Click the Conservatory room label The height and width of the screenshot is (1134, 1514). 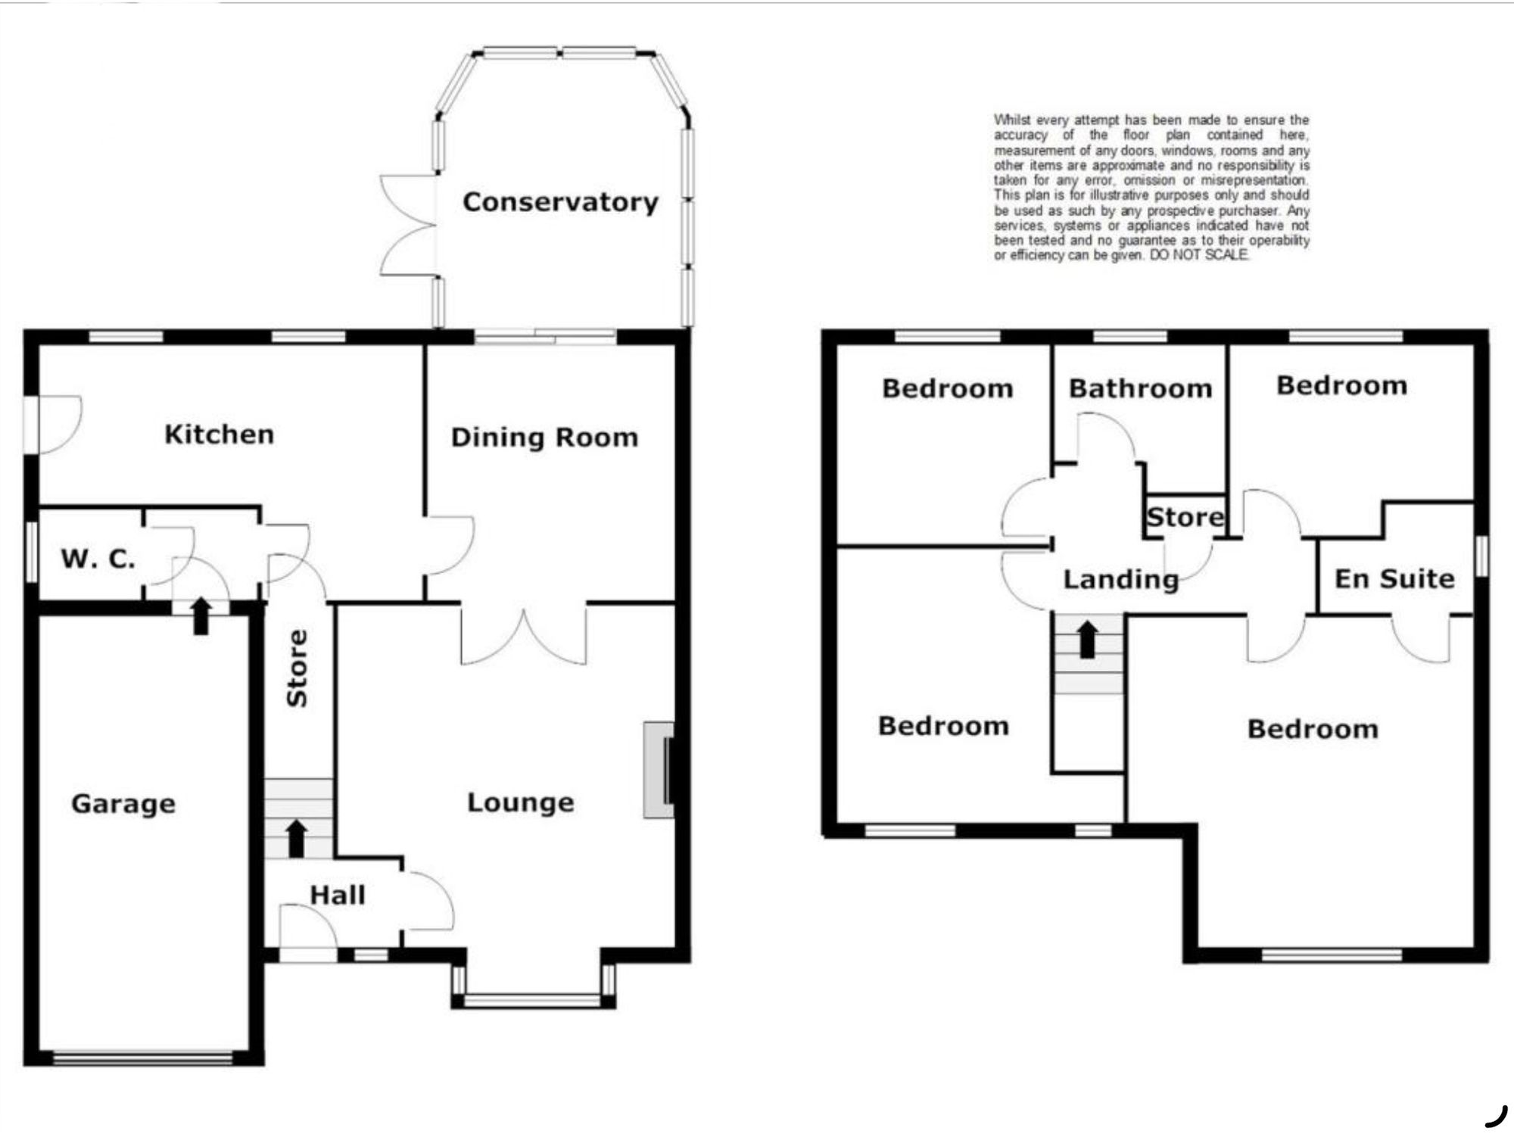tap(560, 202)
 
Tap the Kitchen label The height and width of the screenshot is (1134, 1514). tap(220, 435)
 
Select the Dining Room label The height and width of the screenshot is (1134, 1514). tap(544, 438)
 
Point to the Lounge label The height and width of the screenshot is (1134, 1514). tap(521, 802)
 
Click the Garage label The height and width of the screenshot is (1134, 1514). tap(123, 804)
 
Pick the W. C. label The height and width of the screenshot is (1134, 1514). tap(98, 559)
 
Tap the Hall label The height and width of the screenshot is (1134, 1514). tap(338, 896)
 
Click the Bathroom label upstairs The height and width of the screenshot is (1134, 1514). tap(1140, 389)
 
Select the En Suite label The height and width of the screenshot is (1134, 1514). tap(1394, 579)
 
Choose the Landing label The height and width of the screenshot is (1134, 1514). tap(1121, 580)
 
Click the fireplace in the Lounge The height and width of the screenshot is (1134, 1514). tap(659, 770)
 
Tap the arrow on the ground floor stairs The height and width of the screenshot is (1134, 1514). tap(297, 839)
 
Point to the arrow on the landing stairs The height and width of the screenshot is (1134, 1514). tap(1088, 640)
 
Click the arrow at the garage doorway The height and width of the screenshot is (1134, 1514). tap(201, 615)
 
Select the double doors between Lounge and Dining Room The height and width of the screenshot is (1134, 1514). tap(523, 634)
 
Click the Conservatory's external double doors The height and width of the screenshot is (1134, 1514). tap(407, 225)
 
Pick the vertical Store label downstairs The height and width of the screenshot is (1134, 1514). tap(297, 668)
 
